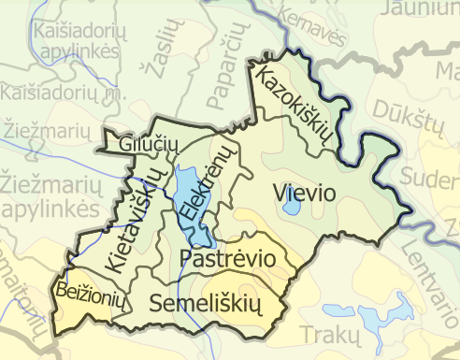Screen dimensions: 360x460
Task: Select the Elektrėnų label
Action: (206, 183)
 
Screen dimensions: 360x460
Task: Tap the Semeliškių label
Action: (203, 303)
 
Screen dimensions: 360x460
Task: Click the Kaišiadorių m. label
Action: (64, 94)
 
